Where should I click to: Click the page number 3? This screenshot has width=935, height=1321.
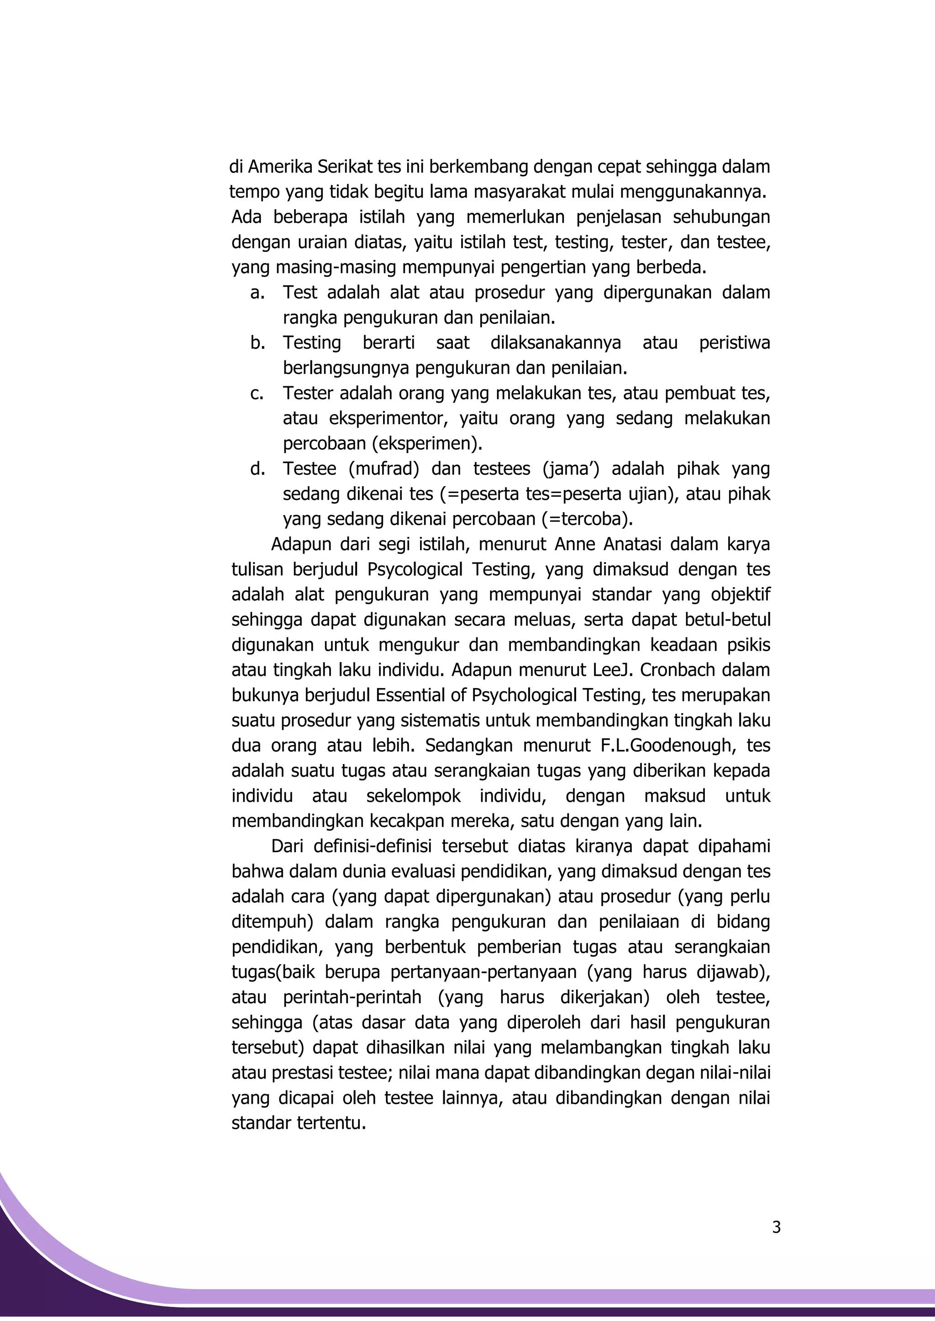point(776,1228)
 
